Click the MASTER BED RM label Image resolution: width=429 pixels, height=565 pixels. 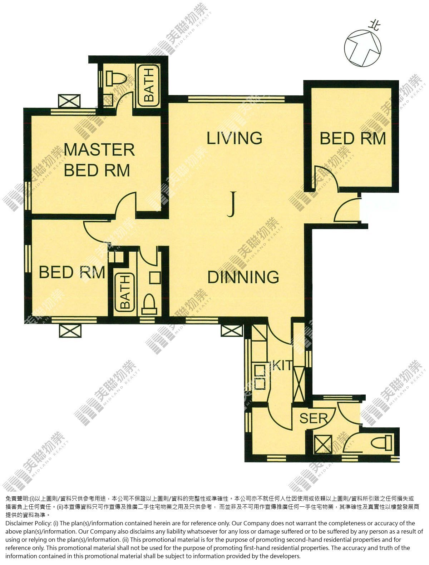click(x=99, y=160)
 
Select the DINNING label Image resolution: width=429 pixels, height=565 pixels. click(x=243, y=277)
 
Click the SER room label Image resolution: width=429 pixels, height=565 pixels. click(x=313, y=418)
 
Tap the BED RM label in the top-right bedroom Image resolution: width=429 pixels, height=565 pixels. click(x=353, y=139)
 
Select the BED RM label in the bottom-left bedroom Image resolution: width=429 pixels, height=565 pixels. click(x=72, y=272)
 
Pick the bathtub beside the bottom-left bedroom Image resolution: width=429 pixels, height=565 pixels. click(x=125, y=293)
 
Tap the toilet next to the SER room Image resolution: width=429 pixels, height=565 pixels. click(x=381, y=443)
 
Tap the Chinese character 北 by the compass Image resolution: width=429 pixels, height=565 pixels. click(x=375, y=26)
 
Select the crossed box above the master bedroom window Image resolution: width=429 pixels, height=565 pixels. click(x=69, y=101)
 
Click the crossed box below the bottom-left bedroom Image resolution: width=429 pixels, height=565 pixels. click(x=70, y=331)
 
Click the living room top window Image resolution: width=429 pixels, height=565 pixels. click(x=236, y=99)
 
